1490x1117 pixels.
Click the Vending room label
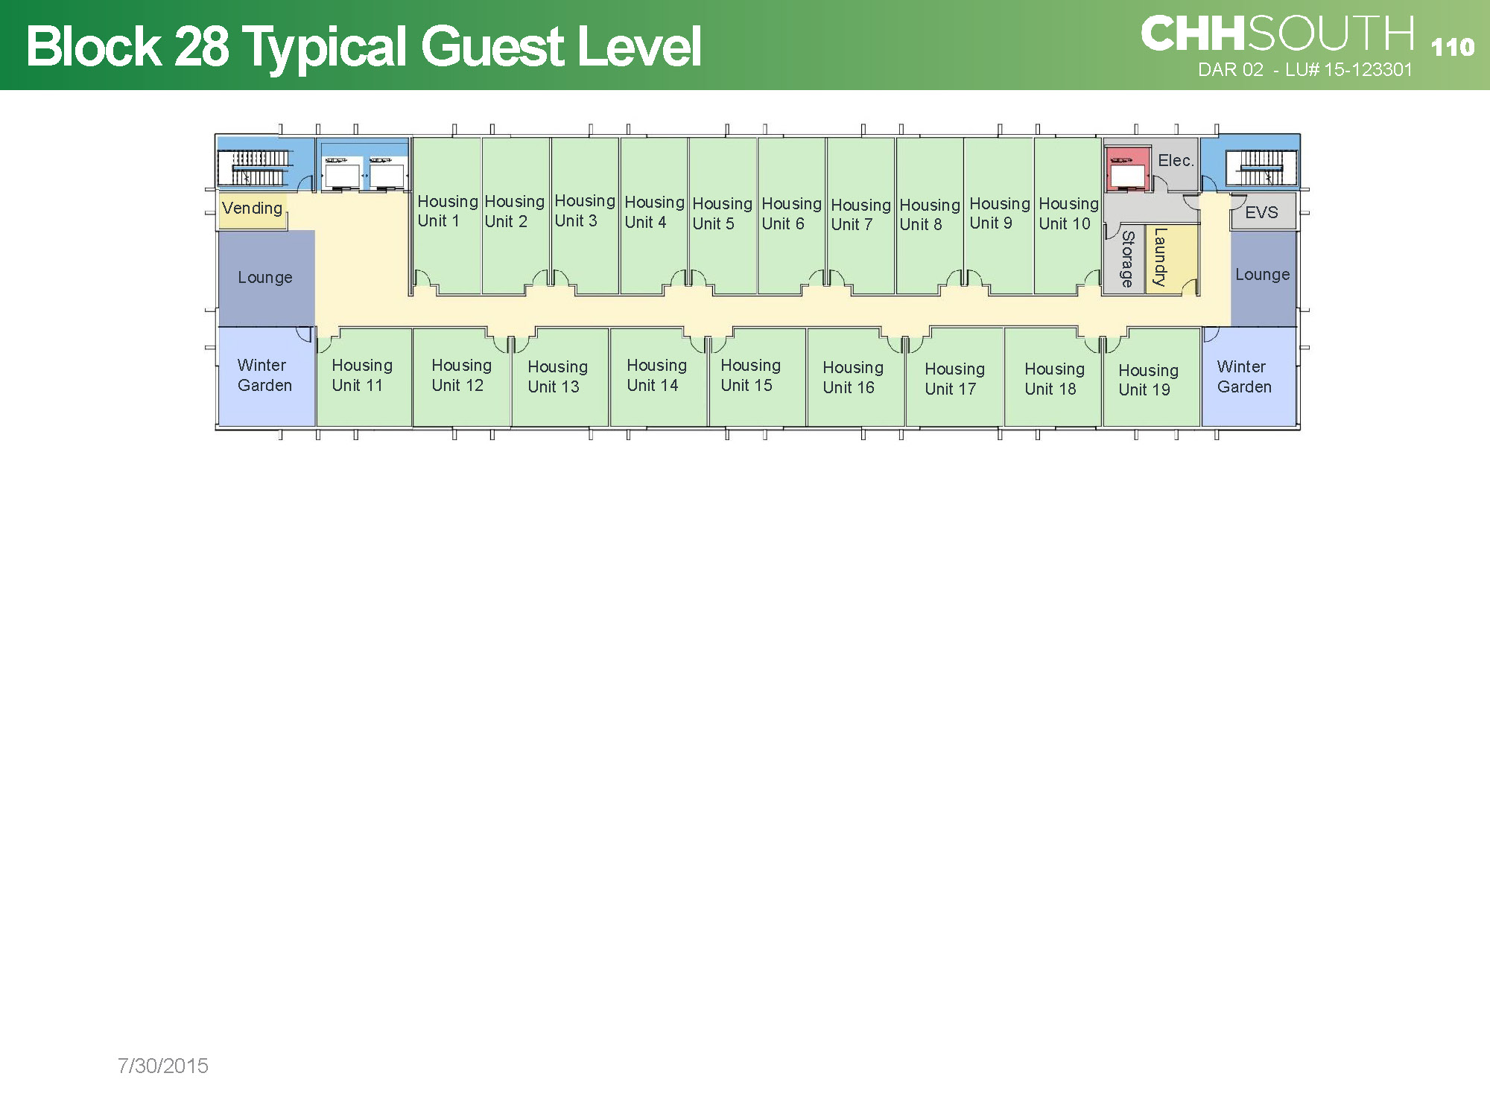point(252,208)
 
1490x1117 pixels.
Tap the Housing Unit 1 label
point(447,211)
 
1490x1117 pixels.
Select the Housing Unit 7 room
point(860,216)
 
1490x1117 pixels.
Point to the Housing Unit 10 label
point(1068,213)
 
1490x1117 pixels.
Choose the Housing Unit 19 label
point(1148,380)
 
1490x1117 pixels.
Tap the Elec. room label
point(1176,160)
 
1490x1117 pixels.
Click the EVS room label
point(1261,212)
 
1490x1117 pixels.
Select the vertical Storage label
point(1128,258)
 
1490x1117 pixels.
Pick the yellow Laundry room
point(1172,259)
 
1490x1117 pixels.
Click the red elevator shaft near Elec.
point(1127,169)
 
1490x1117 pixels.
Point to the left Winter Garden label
point(264,375)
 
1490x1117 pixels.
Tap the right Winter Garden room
point(1249,377)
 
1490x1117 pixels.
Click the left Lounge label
point(264,277)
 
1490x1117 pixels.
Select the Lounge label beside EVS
point(1262,274)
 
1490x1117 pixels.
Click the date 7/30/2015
point(162,1066)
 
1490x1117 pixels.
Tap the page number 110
point(1452,47)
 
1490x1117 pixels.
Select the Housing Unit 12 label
point(461,375)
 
